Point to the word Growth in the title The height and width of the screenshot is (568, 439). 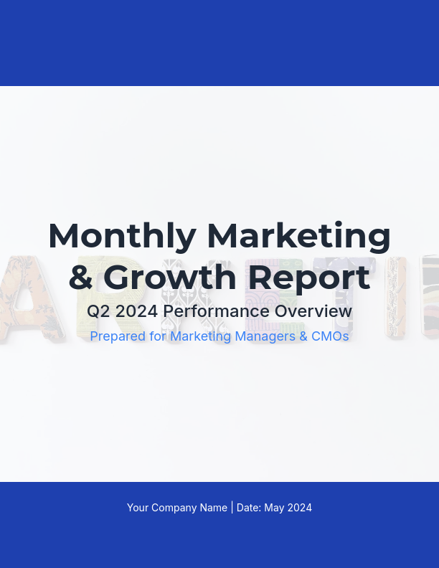point(169,278)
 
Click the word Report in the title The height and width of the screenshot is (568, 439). point(309,278)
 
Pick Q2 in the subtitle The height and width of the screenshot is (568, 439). point(98,311)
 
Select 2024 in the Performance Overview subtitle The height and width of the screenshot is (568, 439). point(136,311)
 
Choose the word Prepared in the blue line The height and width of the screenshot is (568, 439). point(115,336)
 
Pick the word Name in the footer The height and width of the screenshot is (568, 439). point(213,508)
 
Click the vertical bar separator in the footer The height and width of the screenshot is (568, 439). point(232,508)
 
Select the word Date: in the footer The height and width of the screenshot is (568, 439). point(249,508)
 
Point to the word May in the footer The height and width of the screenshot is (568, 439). point(275,508)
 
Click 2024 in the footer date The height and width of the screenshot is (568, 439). point(300,508)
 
